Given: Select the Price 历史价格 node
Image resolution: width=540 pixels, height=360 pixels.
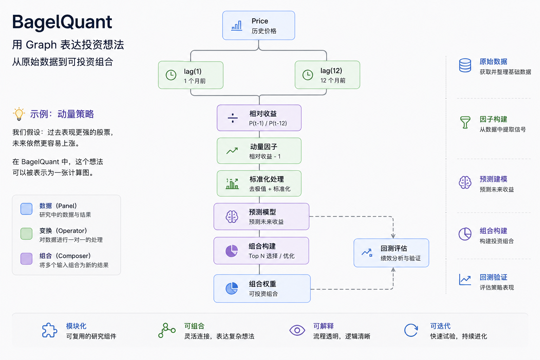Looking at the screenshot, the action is point(258,25).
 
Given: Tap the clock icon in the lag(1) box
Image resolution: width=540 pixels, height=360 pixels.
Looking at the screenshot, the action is point(171,75).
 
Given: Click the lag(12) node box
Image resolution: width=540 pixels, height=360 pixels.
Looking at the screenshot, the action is point(327,75).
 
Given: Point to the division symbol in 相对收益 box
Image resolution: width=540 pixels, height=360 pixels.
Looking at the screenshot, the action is point(233,118).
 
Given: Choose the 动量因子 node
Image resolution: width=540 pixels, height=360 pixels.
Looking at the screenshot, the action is point(259,151).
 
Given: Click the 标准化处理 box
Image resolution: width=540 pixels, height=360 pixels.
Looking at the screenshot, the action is point(259,183).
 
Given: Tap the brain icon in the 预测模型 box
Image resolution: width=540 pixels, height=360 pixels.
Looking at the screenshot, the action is point(232,217).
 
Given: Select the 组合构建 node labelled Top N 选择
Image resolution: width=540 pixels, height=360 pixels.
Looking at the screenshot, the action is point(261,251).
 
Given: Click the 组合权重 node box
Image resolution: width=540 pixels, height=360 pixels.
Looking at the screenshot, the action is point(262,288).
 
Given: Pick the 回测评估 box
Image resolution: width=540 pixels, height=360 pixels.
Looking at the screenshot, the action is point(391,253).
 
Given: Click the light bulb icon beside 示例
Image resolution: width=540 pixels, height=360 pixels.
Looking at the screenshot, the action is point(19,114).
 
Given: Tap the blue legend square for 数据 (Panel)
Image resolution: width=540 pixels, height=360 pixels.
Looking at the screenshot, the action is point(26,209).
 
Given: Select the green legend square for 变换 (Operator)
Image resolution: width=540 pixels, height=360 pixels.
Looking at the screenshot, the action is point(26,234).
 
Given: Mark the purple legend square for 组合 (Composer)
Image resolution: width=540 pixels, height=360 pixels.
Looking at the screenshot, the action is point(26,259).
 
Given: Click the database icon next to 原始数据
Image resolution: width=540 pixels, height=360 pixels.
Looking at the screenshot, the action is point(465,65).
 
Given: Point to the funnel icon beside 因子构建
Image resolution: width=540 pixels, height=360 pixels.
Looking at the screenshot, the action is point(465,122).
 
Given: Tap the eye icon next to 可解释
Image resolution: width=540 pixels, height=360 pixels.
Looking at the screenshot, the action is point(297,330).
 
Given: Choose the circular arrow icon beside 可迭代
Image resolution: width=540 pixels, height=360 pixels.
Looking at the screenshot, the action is point(411,330).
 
